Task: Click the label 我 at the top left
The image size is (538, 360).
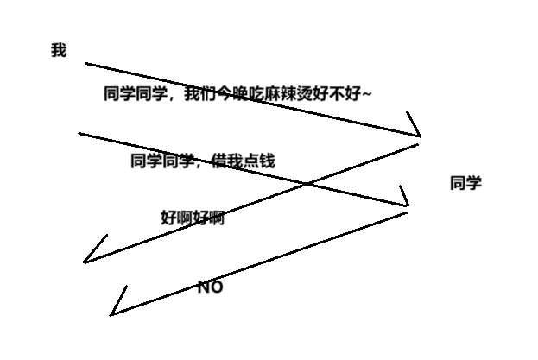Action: click(x=59, y=51)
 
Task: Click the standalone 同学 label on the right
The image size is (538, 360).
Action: click(x=465, y=183)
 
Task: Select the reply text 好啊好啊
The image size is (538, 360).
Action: click(x=193, y=218)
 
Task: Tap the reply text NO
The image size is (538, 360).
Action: click(x=210, y=287)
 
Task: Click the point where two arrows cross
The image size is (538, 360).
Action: click(x=307, y=182)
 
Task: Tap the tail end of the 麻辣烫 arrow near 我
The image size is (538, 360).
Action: click(x=86, y=63)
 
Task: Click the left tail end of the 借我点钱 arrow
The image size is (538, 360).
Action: click(x=79, y=133)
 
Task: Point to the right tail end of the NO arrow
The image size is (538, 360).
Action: click(x=406, y=212)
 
